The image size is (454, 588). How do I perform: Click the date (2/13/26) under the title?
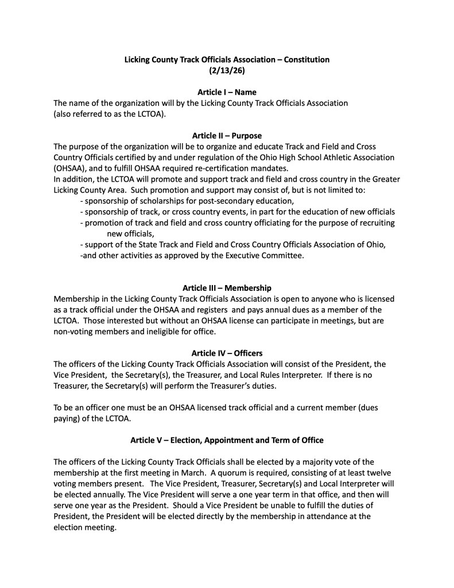[227, 71]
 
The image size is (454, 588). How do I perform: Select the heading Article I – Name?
[227, 92]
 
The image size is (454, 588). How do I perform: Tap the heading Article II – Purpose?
[227, 136]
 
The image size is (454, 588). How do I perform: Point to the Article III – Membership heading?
[227, 287]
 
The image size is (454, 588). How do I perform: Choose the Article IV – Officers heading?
[227, 353]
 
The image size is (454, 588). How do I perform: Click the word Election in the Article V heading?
[186, 440]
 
